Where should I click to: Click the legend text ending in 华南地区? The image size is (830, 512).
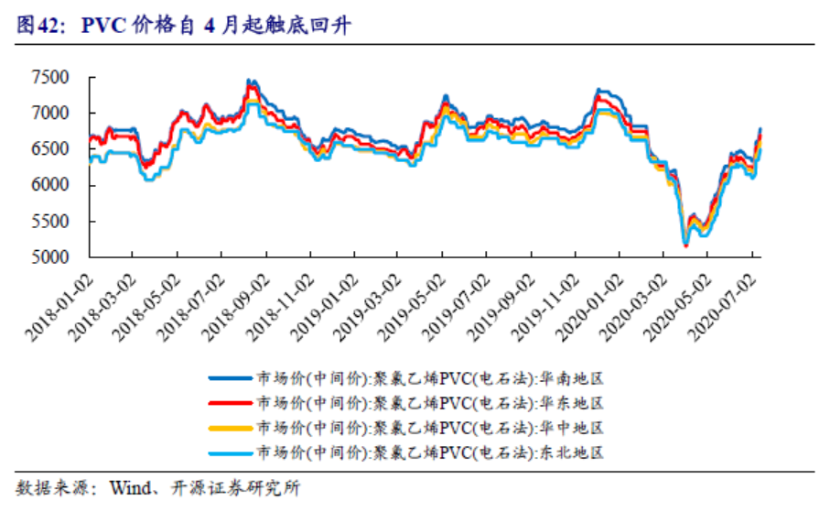(431, 377)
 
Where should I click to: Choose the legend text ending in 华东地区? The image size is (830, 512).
(431, 403)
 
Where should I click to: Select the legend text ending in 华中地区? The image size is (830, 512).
(431, 428)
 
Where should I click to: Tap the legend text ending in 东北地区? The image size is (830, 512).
(431, 452)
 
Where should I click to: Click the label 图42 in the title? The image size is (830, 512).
(35, 27)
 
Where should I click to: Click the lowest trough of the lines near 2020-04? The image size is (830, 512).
(685, 245)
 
